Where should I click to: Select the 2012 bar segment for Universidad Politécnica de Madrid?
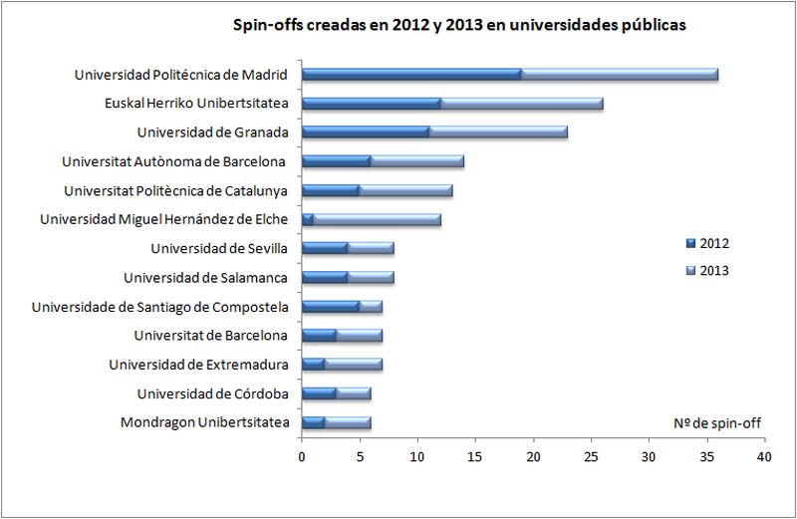tap(411, 75)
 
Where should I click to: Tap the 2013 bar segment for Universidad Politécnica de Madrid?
tap(620, 75)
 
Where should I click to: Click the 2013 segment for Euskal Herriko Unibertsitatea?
tap(522, 104)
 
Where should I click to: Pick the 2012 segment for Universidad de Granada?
tap(366, 132)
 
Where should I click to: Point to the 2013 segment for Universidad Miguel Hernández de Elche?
tap(378, 219)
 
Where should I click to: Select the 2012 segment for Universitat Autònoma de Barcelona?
tap(337, 161)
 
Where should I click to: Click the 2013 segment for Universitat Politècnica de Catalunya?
tap(406, 190)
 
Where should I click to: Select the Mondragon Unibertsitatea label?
tap(205, 422)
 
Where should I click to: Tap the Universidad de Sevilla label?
tap(219, 249)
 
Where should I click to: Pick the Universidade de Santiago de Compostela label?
tap(160, 307)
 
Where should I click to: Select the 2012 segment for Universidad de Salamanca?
tap(325, 277)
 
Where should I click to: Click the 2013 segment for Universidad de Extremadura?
tap(354, 364)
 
